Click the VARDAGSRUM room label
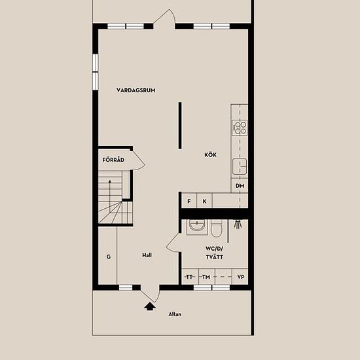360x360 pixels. click(x=136, y=90)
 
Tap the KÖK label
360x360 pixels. click(x=210, y=154)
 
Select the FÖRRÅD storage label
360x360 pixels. click(x=113, y=160)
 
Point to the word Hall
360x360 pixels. click(x=147, y=255)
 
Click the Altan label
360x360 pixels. click(x=175, y=314)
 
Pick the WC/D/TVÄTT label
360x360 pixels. click(x=214, y=253)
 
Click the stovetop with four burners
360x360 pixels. click(x=240, y=128)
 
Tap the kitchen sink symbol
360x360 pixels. click(x=240, y=166)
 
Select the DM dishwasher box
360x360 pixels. click(x=240, y=185)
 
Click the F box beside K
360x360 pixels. click(x=189, y=201)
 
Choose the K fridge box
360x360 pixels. click(x=204, y=201)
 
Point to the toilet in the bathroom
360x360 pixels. click(x=217, y=228)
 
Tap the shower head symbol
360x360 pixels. click(x=238, y=224)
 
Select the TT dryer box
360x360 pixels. click(x=190, y=277)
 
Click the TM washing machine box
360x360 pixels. click(x=206, y=277)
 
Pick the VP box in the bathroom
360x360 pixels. click(x=240, y=277)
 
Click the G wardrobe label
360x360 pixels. click(x=109, y=257)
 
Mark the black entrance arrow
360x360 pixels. click(x=150, y=306)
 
